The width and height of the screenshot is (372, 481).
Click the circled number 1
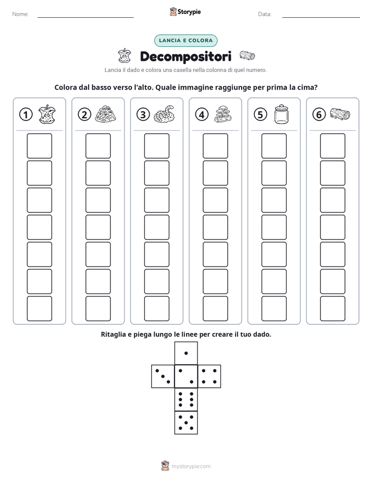coord(26,115)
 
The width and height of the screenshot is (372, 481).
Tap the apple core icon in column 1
coord(47,115)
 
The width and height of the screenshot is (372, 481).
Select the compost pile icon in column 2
coord(105,115)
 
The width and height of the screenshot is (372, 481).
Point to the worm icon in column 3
coord(164,115)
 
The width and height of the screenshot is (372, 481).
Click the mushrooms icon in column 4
coord(223,115)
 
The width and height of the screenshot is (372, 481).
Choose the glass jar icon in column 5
coord(281,115)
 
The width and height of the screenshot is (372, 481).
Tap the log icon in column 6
coord(340,114)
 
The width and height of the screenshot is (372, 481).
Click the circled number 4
coord(202,115)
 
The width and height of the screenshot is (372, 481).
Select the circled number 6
coord(319,115)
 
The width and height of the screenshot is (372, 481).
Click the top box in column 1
coord(39,146)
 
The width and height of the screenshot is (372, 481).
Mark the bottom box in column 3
coord(156,309)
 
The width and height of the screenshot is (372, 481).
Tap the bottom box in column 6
coord(333,309)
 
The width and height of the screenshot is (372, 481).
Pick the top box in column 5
coord(274,146)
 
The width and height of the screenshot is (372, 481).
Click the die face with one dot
coord(186,353)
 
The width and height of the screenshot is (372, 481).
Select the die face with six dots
coord(186,399)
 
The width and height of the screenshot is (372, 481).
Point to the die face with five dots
coord(186,423)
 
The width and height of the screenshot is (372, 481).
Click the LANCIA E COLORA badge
coord(185,41)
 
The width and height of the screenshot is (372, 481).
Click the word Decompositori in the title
coord(185,56)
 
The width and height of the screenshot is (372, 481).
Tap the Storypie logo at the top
coord(185,11)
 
